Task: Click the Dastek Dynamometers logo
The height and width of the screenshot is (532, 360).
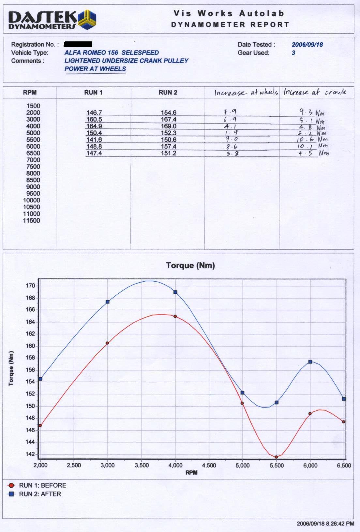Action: (52, 20)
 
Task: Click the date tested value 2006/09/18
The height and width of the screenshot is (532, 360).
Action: (307, 45)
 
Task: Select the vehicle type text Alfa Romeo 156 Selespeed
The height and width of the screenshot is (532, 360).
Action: (112, 52)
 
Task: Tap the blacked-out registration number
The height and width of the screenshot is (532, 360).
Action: (78, 44)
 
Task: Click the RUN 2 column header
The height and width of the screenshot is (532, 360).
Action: (168, 93)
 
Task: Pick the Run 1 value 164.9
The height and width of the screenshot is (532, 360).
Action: (94, 126)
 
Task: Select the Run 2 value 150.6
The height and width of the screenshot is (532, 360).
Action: (169, 140)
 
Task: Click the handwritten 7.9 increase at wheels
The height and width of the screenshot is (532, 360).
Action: (230, 112)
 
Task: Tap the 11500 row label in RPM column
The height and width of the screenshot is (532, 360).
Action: (31, 221)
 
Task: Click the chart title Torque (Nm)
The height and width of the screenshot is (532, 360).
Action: (190, 265)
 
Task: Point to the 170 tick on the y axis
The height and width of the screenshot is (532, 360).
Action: (30, 286)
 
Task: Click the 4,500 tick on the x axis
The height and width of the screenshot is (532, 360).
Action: (209, 465)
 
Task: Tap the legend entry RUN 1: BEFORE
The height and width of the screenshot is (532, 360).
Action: (42, 485)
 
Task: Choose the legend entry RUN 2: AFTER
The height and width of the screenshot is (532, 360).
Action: (40, 494)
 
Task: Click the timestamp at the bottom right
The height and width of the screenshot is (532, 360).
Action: (325, 524)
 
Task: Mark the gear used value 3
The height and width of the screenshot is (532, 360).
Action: (293, 53)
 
